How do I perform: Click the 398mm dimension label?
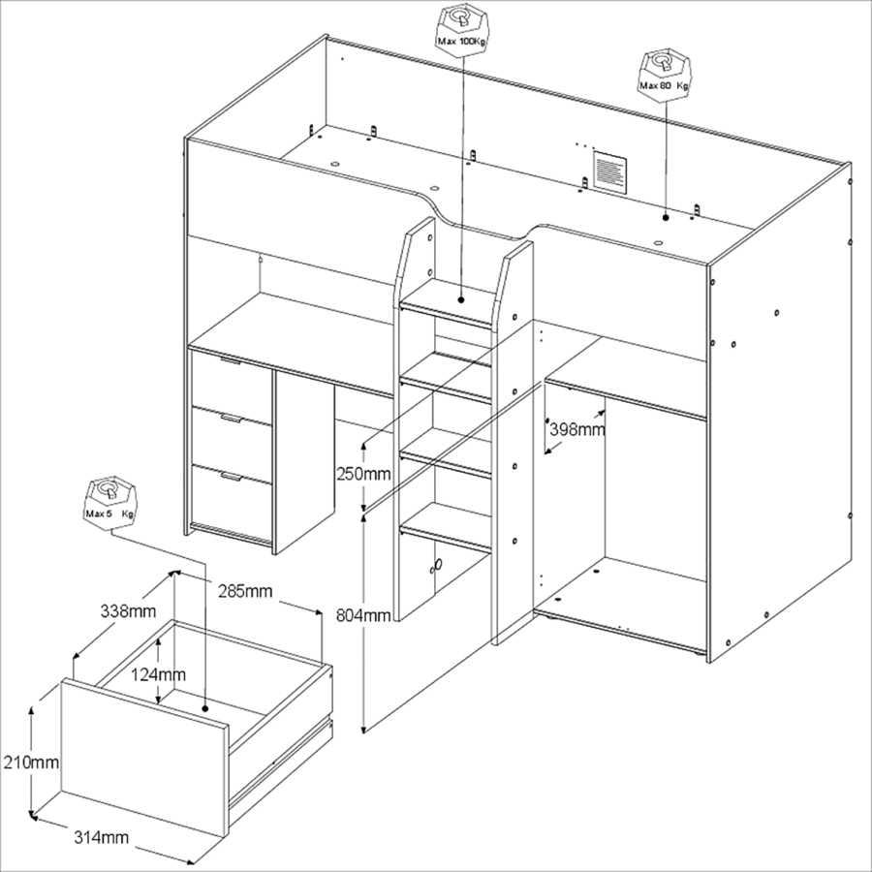point(576,430)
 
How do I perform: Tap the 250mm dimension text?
point(363,474)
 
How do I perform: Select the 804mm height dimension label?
point(363,615)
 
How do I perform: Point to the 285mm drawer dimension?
point(245,591)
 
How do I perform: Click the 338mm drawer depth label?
point(128,611)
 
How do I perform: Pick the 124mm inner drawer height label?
point(158,674)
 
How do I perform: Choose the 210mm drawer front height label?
point(31,762)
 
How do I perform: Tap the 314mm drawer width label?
point(101,837)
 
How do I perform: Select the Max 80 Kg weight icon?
point(664,75)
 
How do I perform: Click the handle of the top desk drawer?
point(231,362)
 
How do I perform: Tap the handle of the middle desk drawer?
point(231,419)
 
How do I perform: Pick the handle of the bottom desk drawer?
point(231,476)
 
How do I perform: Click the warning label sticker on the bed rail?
point(609,171)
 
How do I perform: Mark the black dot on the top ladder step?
point(461,299)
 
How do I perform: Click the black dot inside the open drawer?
point(205,708)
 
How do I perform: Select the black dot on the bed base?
point(666,217)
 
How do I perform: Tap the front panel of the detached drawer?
point(144,758)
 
